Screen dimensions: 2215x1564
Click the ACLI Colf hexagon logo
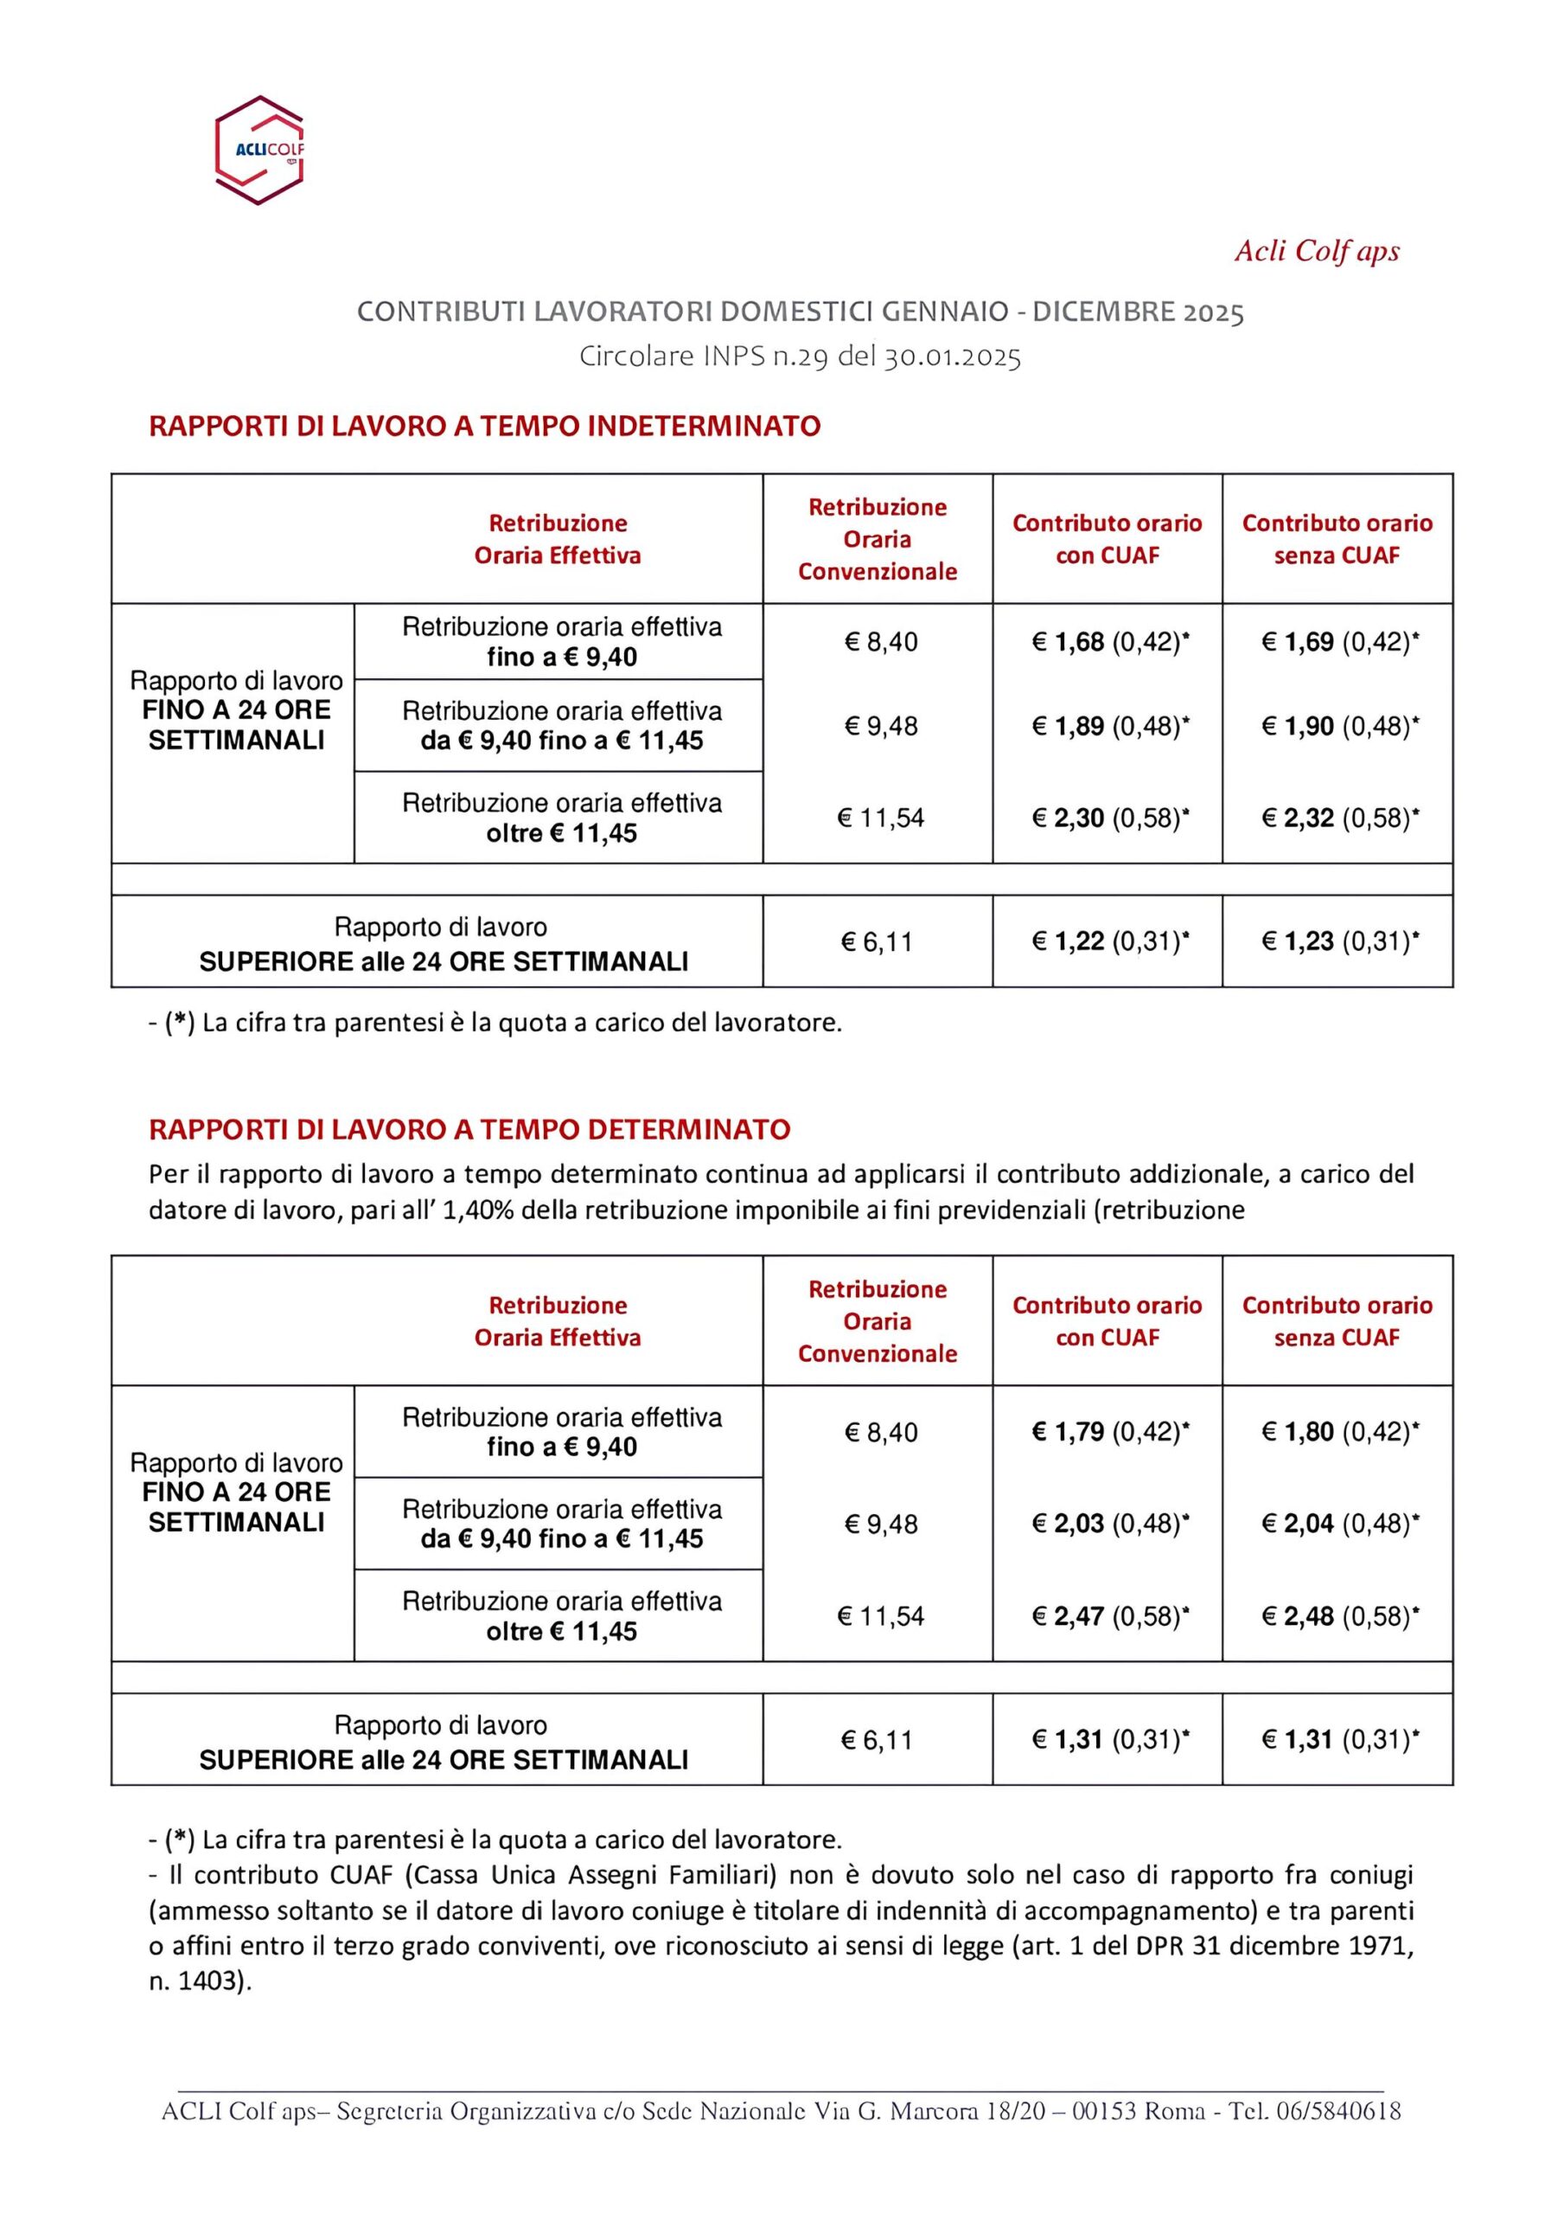[259, 150]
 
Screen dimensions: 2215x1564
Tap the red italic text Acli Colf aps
[1316, 251]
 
